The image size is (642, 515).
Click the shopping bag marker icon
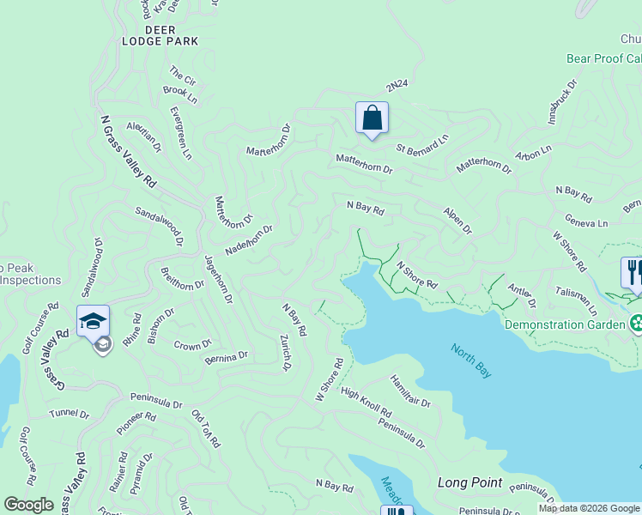click(x=372, y=118)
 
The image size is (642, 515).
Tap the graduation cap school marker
click(x=93, y=322)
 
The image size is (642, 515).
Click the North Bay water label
click(x=471, y=360)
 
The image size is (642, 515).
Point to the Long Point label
click(x=469, y=482)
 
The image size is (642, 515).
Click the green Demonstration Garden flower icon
click(x=637, y=324)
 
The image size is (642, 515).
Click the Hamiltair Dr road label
click(x=409, y=391)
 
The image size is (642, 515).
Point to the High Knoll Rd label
click(x=366, y=403)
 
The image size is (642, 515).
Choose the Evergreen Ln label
click(x=181, y=133)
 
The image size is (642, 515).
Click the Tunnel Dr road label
click(x=69, y=414)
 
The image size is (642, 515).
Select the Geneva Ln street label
click(x=586, y=223)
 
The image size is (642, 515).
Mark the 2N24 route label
click(x=397, y=87)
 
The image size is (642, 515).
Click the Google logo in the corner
click(x=29, y=505)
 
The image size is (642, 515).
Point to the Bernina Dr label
click(x=226, y=356)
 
